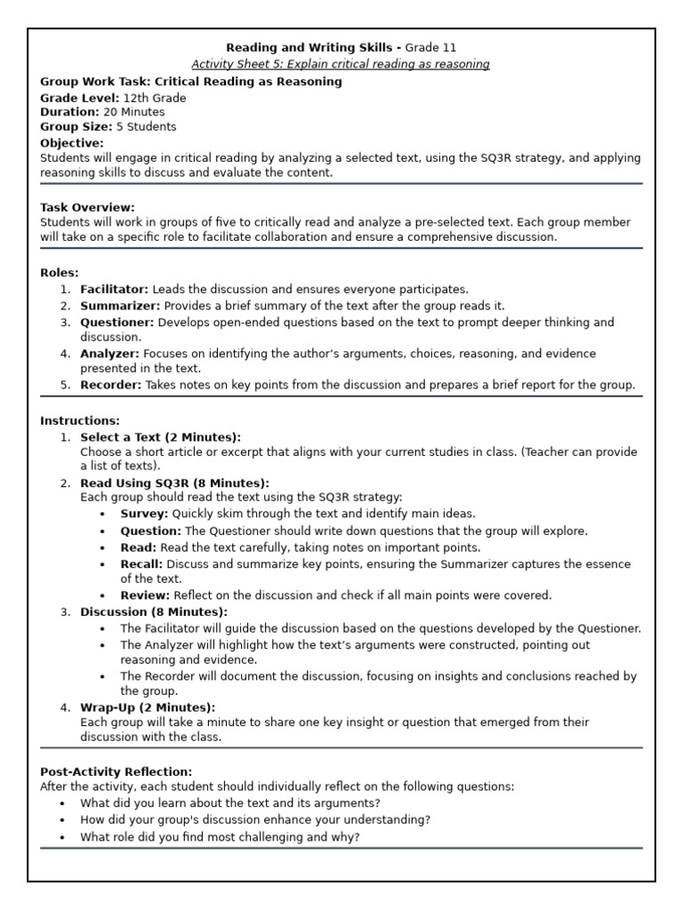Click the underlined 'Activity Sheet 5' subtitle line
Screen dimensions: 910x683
tap(341, 64)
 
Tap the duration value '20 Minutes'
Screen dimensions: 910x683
tap(134, 112)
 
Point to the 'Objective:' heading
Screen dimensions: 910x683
tap(72, 142)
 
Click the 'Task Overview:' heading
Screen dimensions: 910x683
tap(88, 207)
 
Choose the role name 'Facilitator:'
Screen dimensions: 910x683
tap(115, 289)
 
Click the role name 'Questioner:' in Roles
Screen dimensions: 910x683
tap(117, 322)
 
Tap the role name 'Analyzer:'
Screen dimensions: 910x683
tap(109, 354)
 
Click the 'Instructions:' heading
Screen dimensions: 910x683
tap(80, 420)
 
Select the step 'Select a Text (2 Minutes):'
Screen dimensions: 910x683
tap(160, 436)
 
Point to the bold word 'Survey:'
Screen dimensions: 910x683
tap(144, 514)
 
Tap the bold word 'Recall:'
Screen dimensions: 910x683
tap(141, 563)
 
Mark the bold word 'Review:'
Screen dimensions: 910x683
tap(145, 595)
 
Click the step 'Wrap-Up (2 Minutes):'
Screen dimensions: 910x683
tap(148, 707)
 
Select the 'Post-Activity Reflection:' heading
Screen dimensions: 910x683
tap(116, 772)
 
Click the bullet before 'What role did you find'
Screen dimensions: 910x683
tap(62, 837)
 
